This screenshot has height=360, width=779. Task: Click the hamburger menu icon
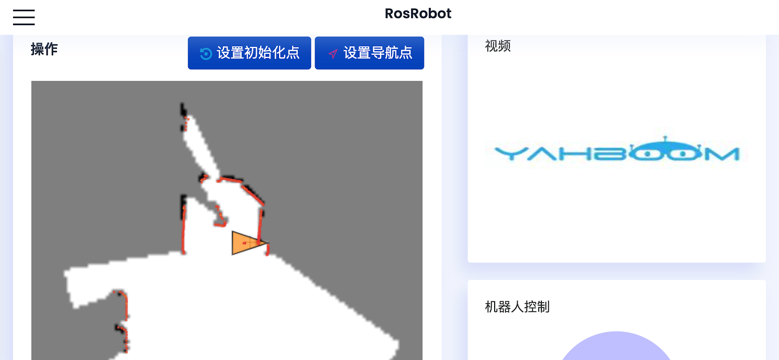click(24, 17)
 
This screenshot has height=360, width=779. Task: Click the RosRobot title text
click(418, 13)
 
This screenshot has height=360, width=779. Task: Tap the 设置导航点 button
click(369, 53)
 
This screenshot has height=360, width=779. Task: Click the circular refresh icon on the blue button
click(206, 54)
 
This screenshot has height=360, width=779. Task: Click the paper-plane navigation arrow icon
click(333, 54)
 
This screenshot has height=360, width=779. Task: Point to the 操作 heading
click(44, 49)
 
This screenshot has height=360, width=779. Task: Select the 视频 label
click(498, 46)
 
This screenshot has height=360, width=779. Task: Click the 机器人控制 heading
click(517, 307)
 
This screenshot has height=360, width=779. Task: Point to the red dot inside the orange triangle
click(244, 243)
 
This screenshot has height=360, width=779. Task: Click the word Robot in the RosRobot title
click(431, 13)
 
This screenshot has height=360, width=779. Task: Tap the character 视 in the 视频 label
click(491, 46)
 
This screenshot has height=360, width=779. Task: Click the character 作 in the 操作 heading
click(51, 49)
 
